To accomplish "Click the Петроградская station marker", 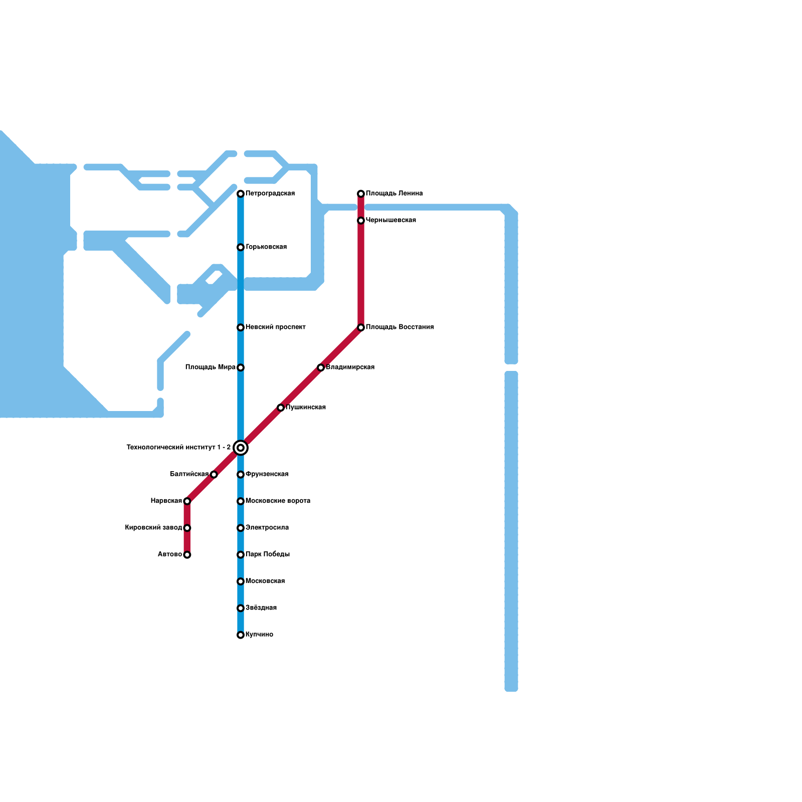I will click(241, 194).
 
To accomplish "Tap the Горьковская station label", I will click(266, 247).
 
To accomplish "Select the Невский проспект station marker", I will click(241, 327).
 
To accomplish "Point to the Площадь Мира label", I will click(210, 367).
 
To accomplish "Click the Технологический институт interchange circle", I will click(241, 448).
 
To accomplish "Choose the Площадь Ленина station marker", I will click(361, 194).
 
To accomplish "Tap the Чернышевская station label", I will click(391, 221).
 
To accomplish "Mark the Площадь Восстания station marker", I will click(361, 327).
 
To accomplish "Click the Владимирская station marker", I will click(321, 367).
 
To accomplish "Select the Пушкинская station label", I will click(306, 408).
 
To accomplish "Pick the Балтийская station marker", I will click(214, 475).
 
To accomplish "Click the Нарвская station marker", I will click(187, 501).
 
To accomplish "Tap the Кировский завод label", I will click(153, 528).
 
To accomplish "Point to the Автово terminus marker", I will click(187, 555).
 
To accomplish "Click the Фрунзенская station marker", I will click(241, 475).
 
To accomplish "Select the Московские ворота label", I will click(278, 501).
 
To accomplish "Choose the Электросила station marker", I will click(241, 528).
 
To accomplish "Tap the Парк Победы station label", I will click(268, 554).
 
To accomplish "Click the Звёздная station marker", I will click(241, 608).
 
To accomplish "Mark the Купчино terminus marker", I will click(241, 635).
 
